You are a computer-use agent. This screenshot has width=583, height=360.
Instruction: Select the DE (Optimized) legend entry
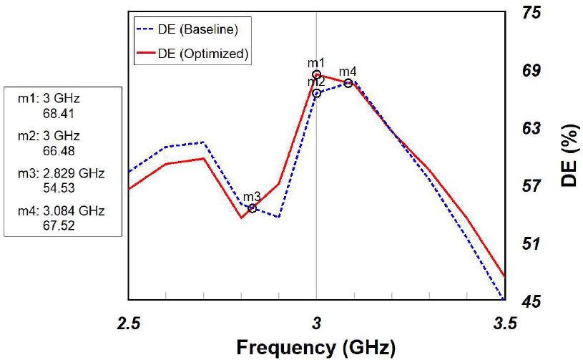(x=192, y=54)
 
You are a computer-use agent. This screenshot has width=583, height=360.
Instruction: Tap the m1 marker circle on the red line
(x=316, y=74)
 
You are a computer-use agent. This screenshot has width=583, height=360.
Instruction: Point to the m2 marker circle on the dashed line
(x=316, y=93)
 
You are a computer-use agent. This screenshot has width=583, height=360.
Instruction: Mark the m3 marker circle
(x=252, y=208)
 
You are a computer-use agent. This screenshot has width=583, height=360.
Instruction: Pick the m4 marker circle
(x=348, y=83)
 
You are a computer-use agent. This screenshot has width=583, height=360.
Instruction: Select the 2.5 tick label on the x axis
(x=129, y=323)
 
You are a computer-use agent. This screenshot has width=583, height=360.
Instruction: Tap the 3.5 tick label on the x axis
(x=504, y=323)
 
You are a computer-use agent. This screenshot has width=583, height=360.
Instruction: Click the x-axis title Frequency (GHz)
(x=316, y=349)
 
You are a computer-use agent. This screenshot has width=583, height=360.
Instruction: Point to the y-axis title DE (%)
(x=569, y=155)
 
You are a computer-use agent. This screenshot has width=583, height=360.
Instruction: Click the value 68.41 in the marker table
(x=59, y=113)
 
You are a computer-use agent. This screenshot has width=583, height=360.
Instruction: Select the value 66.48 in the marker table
(x=59, y=151)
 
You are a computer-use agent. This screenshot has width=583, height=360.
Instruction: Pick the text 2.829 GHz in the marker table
(x=74, y=173)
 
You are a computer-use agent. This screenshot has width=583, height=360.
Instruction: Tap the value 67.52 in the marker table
(x=59, y=225)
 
